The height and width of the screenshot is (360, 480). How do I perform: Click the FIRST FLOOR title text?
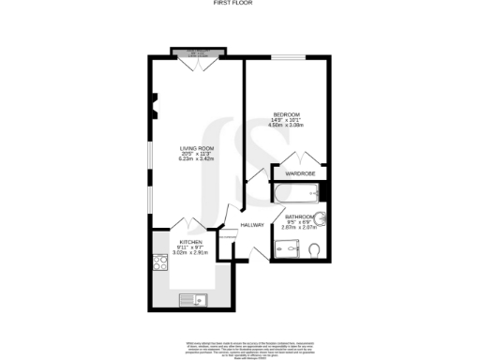(x=240, y=4)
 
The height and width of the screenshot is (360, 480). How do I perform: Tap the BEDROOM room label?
(x=286, y=115)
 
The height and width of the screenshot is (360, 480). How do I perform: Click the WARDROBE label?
(x=299, y=173)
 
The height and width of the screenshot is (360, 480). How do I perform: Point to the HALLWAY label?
(x=251, y=225)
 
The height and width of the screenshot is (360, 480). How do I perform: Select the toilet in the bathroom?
(x=314, y=249)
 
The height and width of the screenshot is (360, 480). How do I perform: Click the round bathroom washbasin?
(x=322, y=220)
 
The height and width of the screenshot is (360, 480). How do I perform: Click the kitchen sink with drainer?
(x=191, y=300)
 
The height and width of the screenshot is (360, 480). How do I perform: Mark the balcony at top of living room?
(x=198, y=52)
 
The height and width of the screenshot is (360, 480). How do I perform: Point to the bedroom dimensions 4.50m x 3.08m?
(x=286, y=127)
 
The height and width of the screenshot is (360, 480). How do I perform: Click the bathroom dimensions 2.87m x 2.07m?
(x=302, y=228)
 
